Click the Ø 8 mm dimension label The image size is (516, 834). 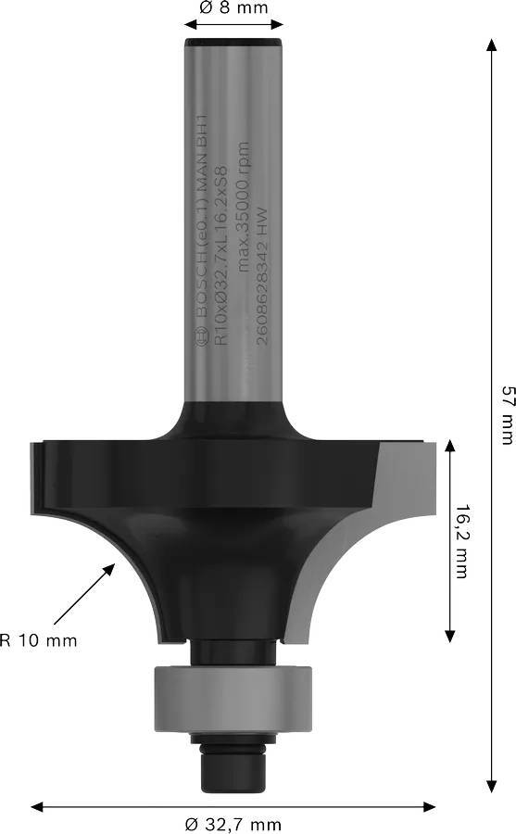[x=233, y=8]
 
